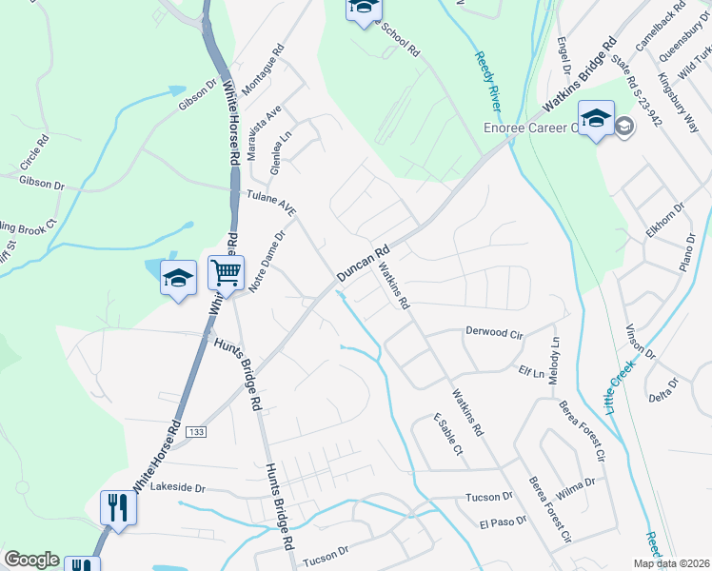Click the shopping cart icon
[227, 273]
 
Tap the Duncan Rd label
[364, 265]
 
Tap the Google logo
[31, 560]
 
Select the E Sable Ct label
[446, 434]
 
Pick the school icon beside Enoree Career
[596, 119]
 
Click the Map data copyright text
[671, 563]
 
